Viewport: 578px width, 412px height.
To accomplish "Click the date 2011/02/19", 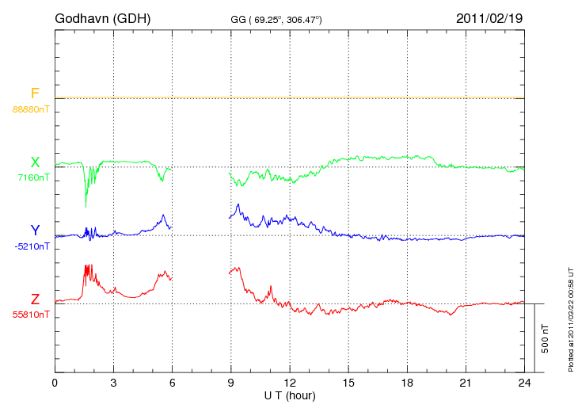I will [x=489, y=17].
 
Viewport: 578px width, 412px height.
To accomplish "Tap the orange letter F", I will [x=35, y=94].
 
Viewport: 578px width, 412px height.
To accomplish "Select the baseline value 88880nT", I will [x=30, y=109].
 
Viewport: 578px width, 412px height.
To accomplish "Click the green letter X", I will [x=35, y=162].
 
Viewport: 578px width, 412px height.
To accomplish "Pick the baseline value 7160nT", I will [x=33, y=177].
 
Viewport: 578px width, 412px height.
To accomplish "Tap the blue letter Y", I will [x=35, y=231].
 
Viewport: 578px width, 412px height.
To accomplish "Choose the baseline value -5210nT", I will [x=32, y=246].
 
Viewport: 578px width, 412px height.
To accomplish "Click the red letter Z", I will [x=35, y=299].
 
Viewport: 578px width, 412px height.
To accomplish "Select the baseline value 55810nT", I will [x=30, y=315].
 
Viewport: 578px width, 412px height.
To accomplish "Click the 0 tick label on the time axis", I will [x=55, y=383].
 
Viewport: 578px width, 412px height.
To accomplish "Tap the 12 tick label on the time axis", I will [x=290, y=383].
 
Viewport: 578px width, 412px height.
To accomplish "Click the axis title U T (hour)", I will [x=290, y=395].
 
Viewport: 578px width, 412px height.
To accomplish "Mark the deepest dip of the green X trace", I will [x=86, y=206].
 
